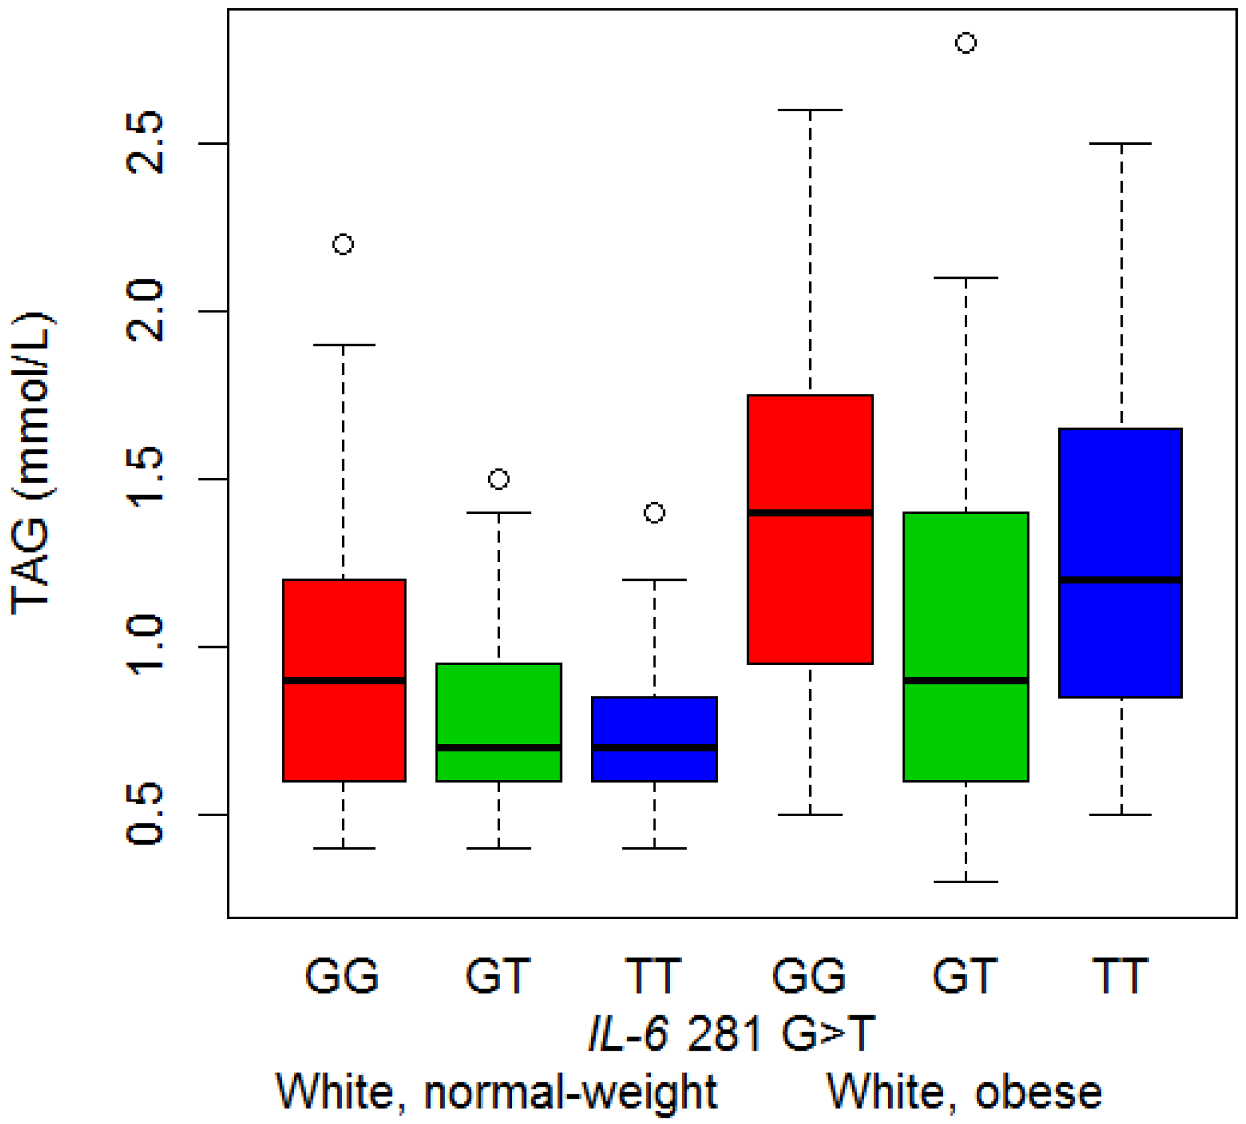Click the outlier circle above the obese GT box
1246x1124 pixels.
pyautogui.click(x=965, y=43)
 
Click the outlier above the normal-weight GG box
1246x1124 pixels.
pyautogui.click(x=343, y=244)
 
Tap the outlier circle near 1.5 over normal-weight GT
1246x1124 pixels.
pyautogui.click(x=499, y=479)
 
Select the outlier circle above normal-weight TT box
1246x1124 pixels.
pyautogui.click(x=654, y=513)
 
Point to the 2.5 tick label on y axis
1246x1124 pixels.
pyautogui.click(x=145, y=144)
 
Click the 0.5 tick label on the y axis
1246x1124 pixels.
pyautogui.click(x=145, y=815)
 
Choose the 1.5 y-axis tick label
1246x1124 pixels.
pyautogui.click(x=145, y=479)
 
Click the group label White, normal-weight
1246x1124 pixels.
pyautogui.click(x=497, y=1092)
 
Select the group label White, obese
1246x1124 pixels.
pyautogui.click(x=965, y=1092)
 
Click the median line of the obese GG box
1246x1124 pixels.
pyautogui.click(x=810, y=513)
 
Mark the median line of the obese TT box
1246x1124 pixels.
pyautogui.click(x=1120, y=580)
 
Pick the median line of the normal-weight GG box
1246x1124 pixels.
pyautogui.click(x=344, y=681)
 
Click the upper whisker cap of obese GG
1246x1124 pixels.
pyautogui.click(x=810, y=110)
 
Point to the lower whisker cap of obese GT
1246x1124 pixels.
pyautogui.click(x=965, y=882)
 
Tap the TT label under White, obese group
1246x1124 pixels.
pyautogui.click(x=1120, y=976)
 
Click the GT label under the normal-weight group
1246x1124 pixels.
pyautogui.click(x=498, y=976)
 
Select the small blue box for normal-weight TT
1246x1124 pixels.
pyautogui.click(x=654, y=721)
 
